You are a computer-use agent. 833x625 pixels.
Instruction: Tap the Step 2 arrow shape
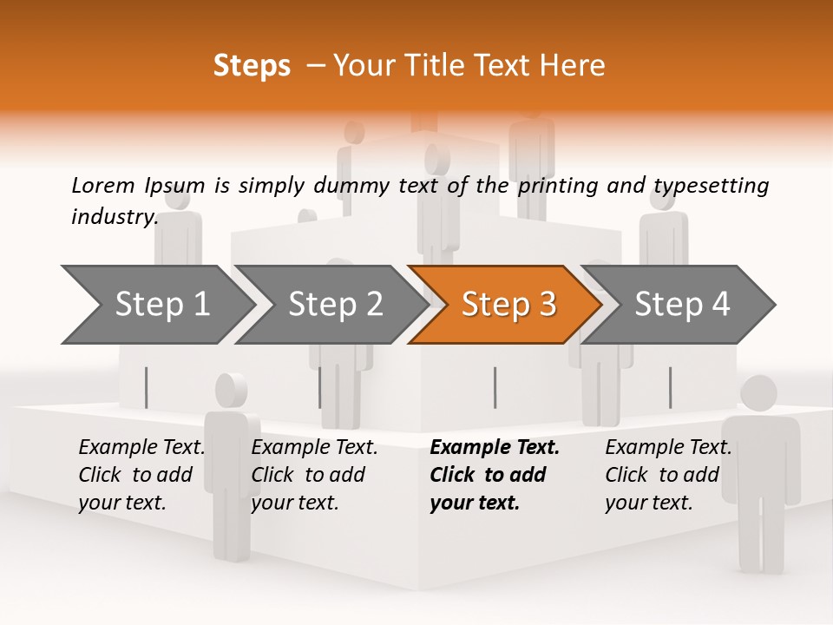(x=334, y=304)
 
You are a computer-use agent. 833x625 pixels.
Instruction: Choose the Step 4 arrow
(x=681, y=304)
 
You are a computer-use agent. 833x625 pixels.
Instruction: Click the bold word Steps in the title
(x=252, y=66)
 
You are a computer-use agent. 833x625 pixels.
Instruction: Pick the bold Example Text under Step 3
(x=495, y=448)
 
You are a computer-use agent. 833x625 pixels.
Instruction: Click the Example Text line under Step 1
(x=141, y=448)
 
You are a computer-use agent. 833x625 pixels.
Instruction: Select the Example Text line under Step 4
(x=668, y=448)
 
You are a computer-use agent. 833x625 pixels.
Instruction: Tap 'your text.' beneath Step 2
(x=295, y=503)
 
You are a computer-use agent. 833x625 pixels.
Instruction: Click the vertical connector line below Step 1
(x=146, y=387)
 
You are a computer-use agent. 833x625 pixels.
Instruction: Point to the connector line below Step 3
(x=495, y=387)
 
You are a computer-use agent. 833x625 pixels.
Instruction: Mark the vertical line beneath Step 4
(x=670, y=387)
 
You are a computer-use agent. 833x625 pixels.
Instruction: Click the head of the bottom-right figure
(x=758, y=394)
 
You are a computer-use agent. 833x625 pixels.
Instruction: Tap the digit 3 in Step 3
(x=546, y=304)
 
